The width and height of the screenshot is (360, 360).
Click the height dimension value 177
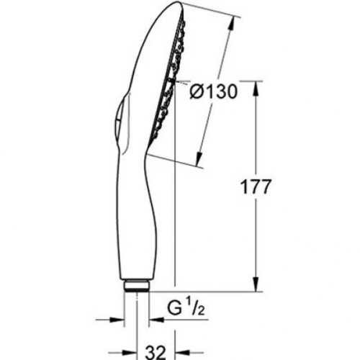[256, 187]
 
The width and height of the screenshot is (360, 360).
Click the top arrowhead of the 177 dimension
[254, 88]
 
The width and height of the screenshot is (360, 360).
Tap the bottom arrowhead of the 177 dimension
[254, 287]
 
